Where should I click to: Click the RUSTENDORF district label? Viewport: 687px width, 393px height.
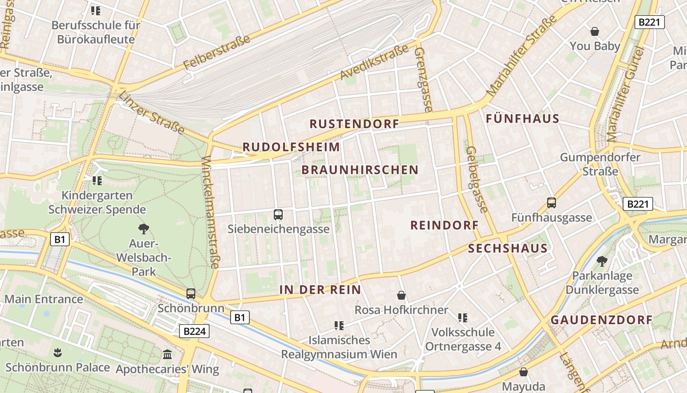(x=354, y=124)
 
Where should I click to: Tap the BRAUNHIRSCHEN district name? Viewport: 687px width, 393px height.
(x=360, y=170)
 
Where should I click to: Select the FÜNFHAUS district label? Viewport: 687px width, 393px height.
(x=523, y=118)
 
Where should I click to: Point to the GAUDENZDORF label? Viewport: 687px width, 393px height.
(x=602, y=320)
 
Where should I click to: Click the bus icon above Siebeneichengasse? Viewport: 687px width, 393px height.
(x=278, y=214)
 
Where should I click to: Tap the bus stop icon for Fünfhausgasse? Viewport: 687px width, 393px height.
(x=552, y=202)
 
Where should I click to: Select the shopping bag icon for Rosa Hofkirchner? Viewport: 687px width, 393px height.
(x=401, y=295)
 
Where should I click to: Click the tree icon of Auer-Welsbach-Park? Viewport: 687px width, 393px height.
(x=143, y=228)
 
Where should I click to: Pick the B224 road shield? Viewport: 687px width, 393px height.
(x=194, y=331)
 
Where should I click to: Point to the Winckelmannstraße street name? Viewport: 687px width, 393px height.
(x=210, y=212)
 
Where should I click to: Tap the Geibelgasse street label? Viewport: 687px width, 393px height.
(x=477, y=180)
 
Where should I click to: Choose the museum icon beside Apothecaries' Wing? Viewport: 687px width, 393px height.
(x=167, y=354)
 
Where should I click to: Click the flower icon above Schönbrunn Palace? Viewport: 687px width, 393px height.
(x=57, y=352)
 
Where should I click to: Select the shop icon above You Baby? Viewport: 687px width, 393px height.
(x=595, y=31)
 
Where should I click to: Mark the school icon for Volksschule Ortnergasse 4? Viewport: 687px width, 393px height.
(x=463, y=317)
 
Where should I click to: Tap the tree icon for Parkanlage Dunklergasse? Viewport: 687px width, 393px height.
(x=602, y=261)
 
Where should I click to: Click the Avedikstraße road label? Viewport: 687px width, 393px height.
(x=374, y=62)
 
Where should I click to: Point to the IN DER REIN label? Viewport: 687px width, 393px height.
(x=320, y=290)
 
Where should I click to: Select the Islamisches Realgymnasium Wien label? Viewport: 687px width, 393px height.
(x=339, y=347)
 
